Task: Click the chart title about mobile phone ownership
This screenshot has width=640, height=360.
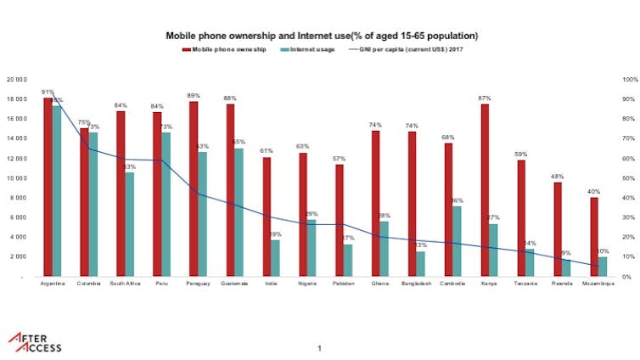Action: point(321,37)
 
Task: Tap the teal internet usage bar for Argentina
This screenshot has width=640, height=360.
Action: point(57,191)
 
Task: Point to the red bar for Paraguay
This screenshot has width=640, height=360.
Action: point(194,188)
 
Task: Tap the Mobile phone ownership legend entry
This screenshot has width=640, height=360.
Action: point(225,50)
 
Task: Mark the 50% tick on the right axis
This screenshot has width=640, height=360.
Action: point(629,178)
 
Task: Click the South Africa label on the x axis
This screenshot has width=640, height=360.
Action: point(126,284)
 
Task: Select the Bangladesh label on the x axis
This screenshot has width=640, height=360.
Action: point(416,284)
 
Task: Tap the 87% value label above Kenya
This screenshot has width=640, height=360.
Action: point(485,98)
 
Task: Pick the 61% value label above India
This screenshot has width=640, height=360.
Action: point(267,150)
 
